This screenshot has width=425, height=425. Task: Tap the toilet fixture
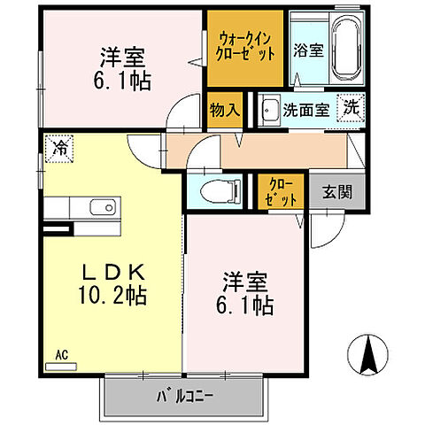point(216,189)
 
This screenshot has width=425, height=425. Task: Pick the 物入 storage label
point(224,110)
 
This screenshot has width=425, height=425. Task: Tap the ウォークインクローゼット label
point(246,46)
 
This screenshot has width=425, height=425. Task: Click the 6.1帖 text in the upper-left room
point(122,80)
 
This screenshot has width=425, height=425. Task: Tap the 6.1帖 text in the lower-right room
point(244,305)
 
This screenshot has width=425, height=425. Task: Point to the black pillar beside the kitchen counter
point(57,228)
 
